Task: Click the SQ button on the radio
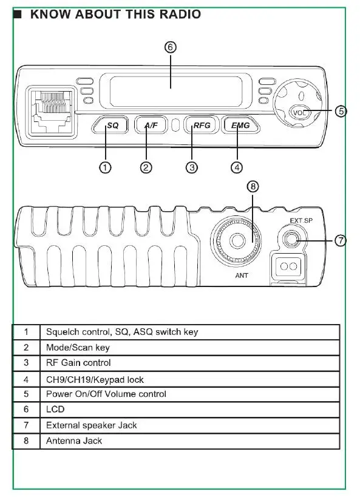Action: (x=110, y=125)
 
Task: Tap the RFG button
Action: (x=202, y=125)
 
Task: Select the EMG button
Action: (x=240, y=125)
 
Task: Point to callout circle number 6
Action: (x=171, y=47)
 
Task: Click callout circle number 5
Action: (x=341, y=111)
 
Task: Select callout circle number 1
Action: (x=105, y=167)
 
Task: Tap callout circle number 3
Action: (x=192, y=167)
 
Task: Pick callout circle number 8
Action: (x=253, y=186)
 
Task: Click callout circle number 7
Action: (x=341, y=240)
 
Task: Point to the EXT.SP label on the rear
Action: (x=301, y=221)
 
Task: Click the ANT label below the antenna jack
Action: (x=242, y=276)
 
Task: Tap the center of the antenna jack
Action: (x=236, y=240)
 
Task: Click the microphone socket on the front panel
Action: (x=52, y=112)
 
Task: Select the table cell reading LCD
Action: (x=55, y=409)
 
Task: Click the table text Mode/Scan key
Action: (x=78, y=347)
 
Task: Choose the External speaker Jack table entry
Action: (x=91, y=425)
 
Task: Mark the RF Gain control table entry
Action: (x=78, y=363)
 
